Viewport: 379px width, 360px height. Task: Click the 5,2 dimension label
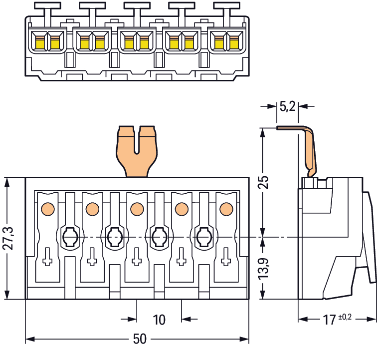click(x=287, y=106)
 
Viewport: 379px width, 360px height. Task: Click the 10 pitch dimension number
click(x=159, y=320)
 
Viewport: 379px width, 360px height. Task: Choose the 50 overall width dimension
click(x=140, y=340)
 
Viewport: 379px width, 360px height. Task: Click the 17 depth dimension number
click(x=328, y=320)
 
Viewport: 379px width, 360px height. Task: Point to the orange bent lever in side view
click(x=310, y=150)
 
